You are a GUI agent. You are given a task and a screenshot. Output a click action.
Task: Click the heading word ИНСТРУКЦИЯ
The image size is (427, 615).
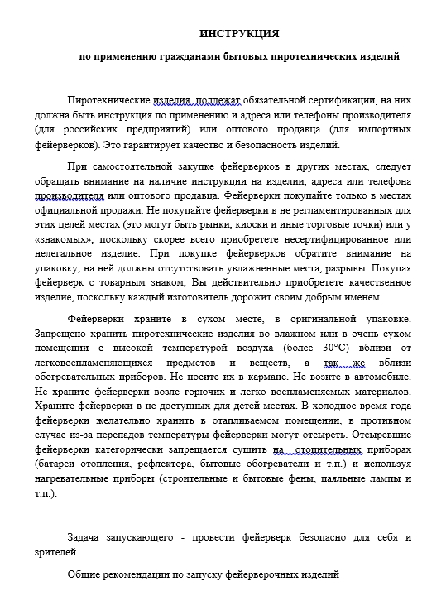(239, 34)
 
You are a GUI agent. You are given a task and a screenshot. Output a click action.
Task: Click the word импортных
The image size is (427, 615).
(383, 130)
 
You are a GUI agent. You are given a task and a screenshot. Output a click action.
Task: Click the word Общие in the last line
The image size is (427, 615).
(84, 574)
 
